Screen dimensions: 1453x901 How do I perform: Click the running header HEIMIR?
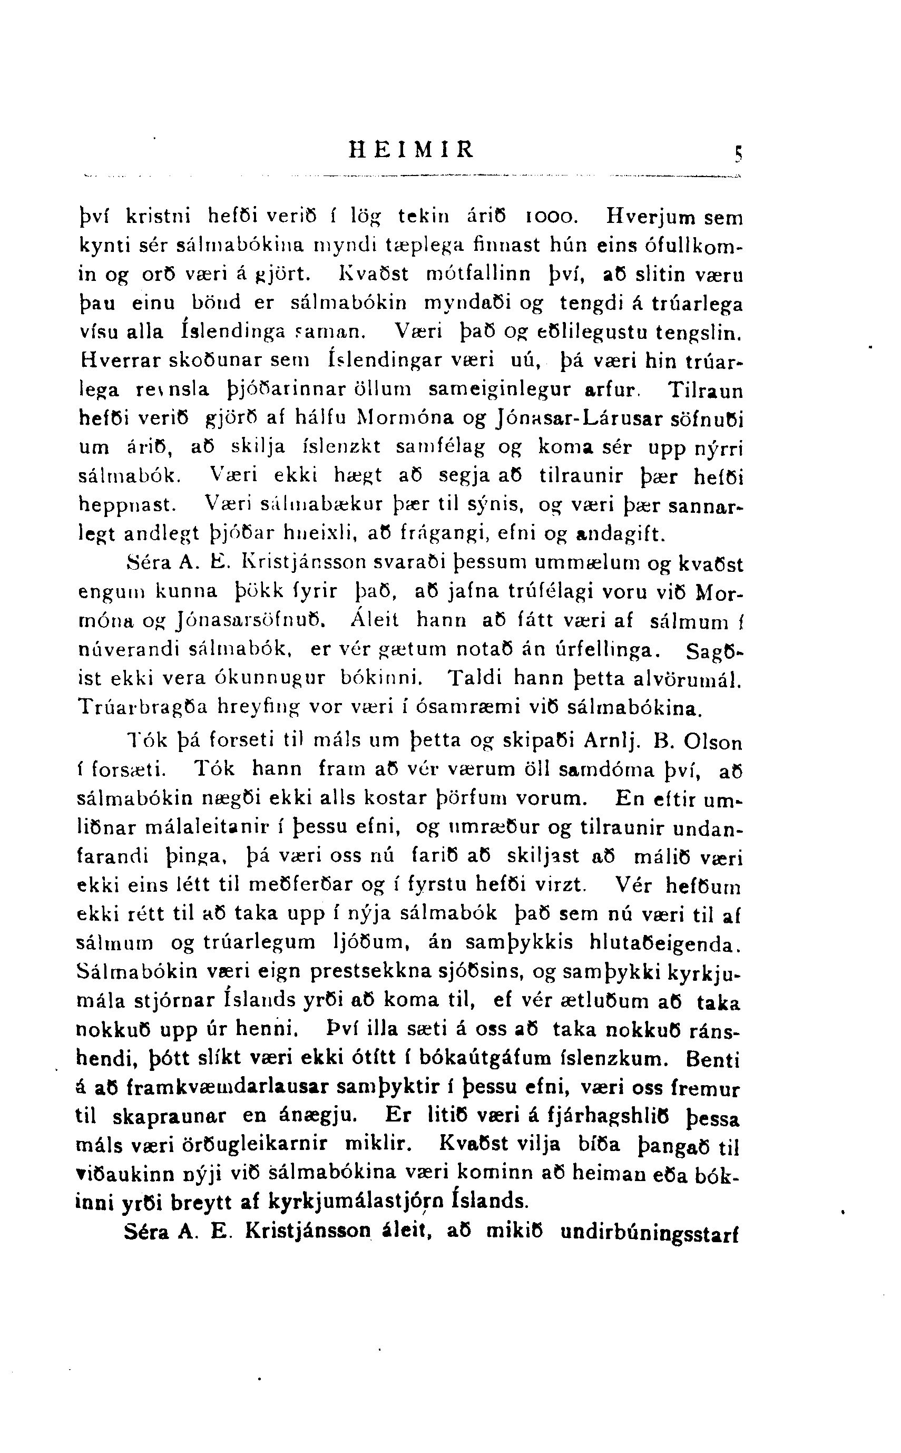pyautogui.click(x=412, y=149)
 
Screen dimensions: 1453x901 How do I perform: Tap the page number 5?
pyautogui.click(x=738, y=155)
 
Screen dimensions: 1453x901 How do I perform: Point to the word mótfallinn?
pyautogui.click(x=479, y=274)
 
